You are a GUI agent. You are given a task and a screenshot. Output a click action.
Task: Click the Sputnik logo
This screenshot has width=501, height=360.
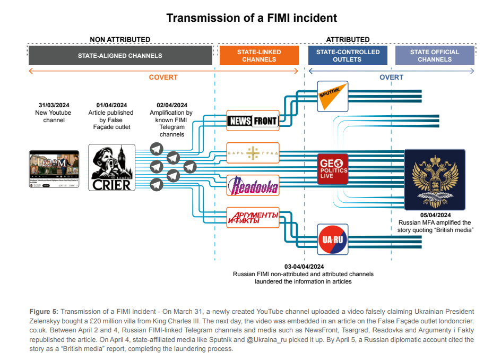[x=332, y=96]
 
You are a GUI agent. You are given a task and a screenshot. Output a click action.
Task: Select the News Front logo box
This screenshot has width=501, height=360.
[x=253, y=121]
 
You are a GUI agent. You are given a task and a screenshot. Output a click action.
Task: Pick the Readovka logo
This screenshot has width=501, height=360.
[x=253, y=185]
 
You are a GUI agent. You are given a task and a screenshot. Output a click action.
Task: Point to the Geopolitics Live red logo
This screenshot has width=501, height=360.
[x=333, y=169]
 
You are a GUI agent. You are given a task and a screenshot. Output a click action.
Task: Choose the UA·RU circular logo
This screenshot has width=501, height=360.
[x=332, y=239]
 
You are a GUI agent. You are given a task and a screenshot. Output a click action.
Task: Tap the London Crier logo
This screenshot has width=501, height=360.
[x=111, y=167]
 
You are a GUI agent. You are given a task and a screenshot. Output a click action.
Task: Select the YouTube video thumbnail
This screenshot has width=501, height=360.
[x=54, y=169]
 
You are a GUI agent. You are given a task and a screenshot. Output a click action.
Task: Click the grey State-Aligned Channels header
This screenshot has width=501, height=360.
[x=120, y=55]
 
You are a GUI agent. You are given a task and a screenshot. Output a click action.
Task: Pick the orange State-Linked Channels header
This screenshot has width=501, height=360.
[x=258, y=55]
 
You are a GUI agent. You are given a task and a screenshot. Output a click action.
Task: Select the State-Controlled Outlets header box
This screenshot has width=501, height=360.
[x=348, y=55]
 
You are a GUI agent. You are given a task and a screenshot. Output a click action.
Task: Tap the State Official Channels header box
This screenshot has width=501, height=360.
[x=435, y=55]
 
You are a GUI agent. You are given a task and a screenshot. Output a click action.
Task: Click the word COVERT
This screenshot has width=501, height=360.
[x=163, y=77]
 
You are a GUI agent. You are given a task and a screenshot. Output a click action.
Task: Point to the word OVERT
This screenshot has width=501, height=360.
[x=391, y=77]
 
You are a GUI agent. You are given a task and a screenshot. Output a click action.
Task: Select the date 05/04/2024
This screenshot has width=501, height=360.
[x=435, y=215]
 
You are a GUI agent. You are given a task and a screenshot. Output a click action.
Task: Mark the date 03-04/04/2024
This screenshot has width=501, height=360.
[x=303, y=267]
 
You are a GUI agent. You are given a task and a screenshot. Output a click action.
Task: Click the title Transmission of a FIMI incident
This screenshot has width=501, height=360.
[x=252, y=18]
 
